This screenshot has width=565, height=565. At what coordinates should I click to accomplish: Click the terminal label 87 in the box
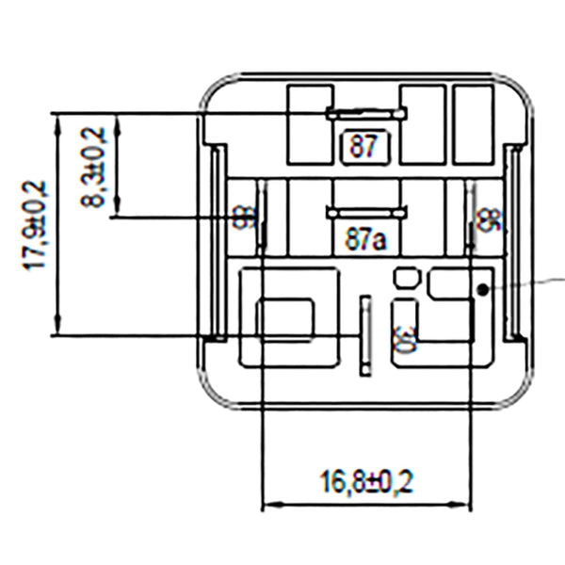pyautogui.click(x=363, y=146)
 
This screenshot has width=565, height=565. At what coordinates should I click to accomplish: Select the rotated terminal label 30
pyautogui.click(x=403, y=340)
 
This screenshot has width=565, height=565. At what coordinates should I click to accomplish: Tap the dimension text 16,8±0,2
pyautogui.click(x=366, y=483)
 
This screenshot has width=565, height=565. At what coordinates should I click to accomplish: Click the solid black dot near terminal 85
pyautogui.click(x=481, y=290)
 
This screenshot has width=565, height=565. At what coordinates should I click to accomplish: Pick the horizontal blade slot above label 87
pyautogui.click(x=366, y=114)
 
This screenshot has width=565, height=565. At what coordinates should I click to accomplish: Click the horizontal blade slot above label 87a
pyautogui.click(x=366, y=213)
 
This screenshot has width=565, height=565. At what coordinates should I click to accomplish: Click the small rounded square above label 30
pyautogui.click(x=405, y=277)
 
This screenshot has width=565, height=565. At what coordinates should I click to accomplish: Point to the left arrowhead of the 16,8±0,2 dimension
pyautogui.click(x=266, y=506)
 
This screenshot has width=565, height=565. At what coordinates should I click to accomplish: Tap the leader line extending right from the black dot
pyautogui.click(x=532, y=282)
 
